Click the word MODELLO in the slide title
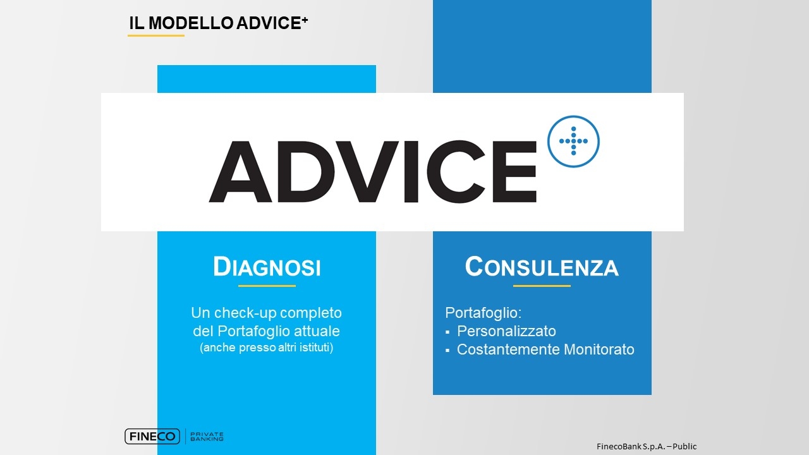191,23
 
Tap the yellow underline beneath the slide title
156,35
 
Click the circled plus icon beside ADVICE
573,141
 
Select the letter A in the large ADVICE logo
241,171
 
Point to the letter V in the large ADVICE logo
366,171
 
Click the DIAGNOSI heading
267,267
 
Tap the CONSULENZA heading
542,267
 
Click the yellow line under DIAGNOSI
267,286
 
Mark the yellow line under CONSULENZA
542,286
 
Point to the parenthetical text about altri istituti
267,348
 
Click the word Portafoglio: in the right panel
484,313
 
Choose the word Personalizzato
506,331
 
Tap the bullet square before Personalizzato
447,332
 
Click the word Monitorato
599,349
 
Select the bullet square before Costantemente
447,350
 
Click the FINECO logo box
152,436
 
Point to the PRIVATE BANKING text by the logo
207,437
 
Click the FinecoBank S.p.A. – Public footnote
647,447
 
